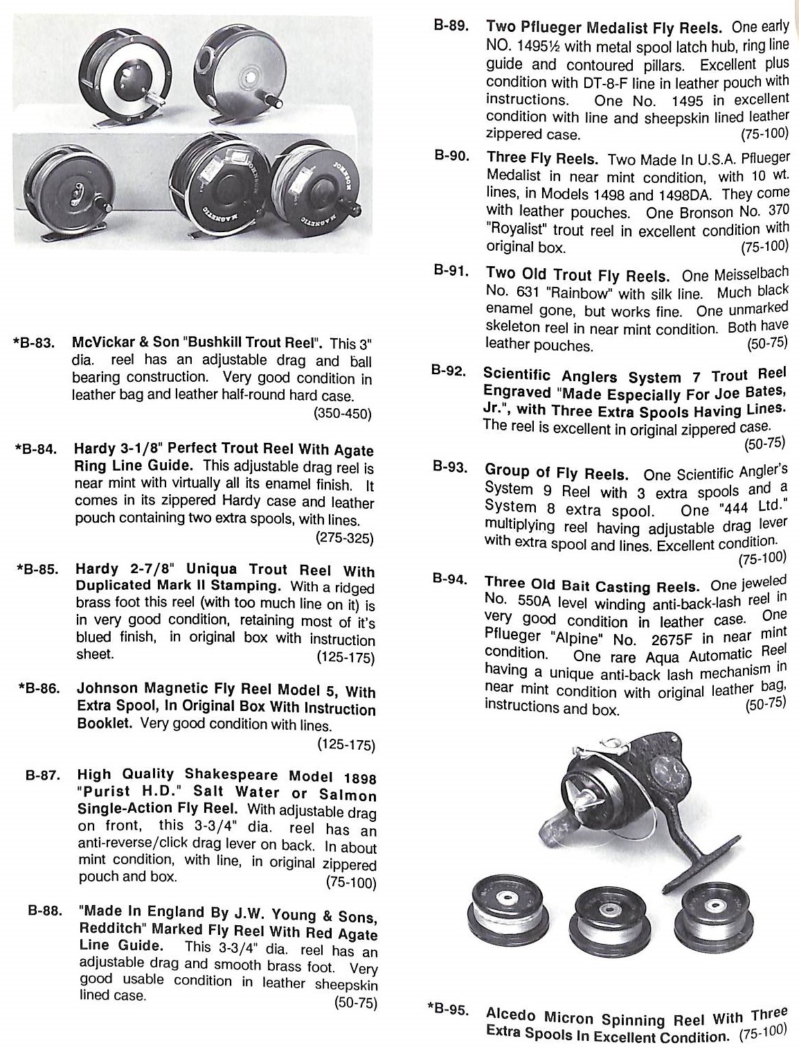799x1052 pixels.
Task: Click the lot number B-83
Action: (35, 343)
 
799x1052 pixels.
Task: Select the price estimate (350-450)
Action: (342, 414)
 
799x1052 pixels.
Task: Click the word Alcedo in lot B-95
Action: (512, 1013)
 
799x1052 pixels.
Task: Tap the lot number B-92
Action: (448, 370)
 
